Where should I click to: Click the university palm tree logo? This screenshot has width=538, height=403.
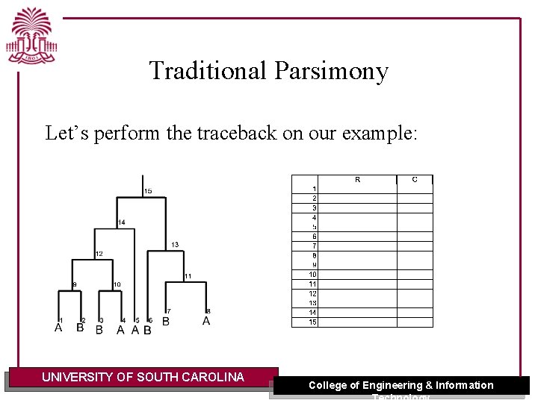(x=32, y=36)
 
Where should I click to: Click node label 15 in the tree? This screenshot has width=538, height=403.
(x=148, y=191)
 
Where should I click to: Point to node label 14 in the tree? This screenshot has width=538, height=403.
(x=121, y=222)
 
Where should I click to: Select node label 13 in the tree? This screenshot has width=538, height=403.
(x=175, y=245)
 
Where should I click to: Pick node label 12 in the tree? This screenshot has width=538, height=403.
(x=99, y=254)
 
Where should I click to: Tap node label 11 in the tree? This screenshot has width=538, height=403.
(x=188, y=276)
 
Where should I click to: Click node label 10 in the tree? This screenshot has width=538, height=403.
(x=117, y=285)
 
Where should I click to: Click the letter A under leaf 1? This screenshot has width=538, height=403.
(x=58, y=328)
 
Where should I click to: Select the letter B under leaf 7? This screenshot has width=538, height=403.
(x=166, y=322)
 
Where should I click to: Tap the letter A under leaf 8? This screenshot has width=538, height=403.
(x=206, y=321)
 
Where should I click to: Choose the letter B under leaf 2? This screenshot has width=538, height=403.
(x=80, y=328)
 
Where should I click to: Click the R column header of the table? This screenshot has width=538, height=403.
(x=358, y=179)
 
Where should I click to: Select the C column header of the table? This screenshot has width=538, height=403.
(x=415, y=179)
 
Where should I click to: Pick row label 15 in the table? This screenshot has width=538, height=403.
(x=313, y=322)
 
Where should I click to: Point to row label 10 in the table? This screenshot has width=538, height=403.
(x=313, y=275)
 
